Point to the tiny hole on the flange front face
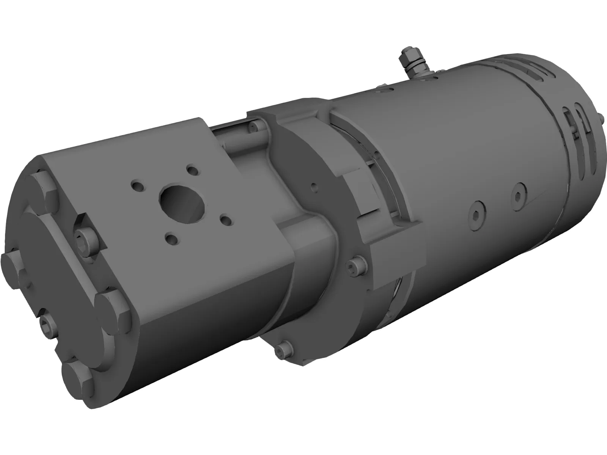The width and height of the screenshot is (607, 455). coord(313,185)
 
